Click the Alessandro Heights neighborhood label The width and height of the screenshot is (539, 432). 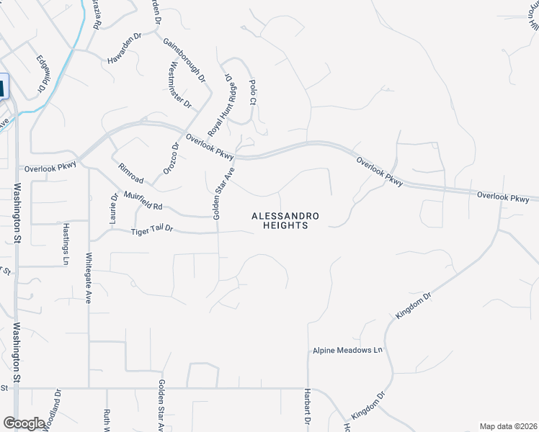click(x=285, y=220)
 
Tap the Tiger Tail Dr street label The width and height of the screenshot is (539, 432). click(x=153, y=230)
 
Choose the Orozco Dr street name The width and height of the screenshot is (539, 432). click(x=170, y=158)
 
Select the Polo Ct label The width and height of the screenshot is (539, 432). click(x=252, y=93)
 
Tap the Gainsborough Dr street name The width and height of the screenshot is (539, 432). click(x=184, y=60)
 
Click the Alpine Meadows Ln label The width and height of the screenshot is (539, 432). click(x=346, y=351)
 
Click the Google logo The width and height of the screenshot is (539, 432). click(x=24, y=423)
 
